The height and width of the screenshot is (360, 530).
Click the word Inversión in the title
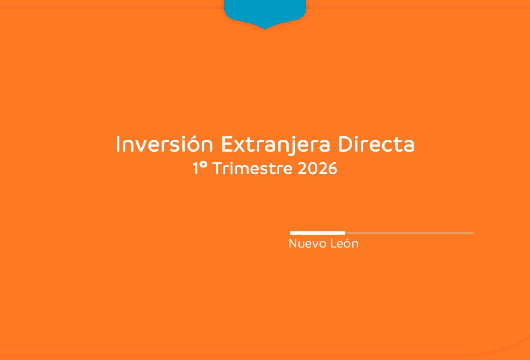(x=165, y=144)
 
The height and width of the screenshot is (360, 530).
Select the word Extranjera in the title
(x=275, y=145)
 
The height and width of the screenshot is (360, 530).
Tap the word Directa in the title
(x=376, y=144)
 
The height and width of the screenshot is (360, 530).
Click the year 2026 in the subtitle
(x=317, y=168)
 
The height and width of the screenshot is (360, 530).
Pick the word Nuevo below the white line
(x=307, y=243)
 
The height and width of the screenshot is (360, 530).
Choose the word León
(x=344, y=243)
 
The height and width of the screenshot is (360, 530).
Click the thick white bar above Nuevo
(x=317, y=233)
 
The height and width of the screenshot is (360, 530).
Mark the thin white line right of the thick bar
(x=409, y=233)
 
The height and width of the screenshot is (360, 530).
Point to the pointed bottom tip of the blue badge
(x=265, y=29)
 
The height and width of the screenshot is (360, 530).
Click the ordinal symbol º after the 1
(x=203, y=165)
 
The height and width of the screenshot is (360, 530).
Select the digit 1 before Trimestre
(x=195, y=168)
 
